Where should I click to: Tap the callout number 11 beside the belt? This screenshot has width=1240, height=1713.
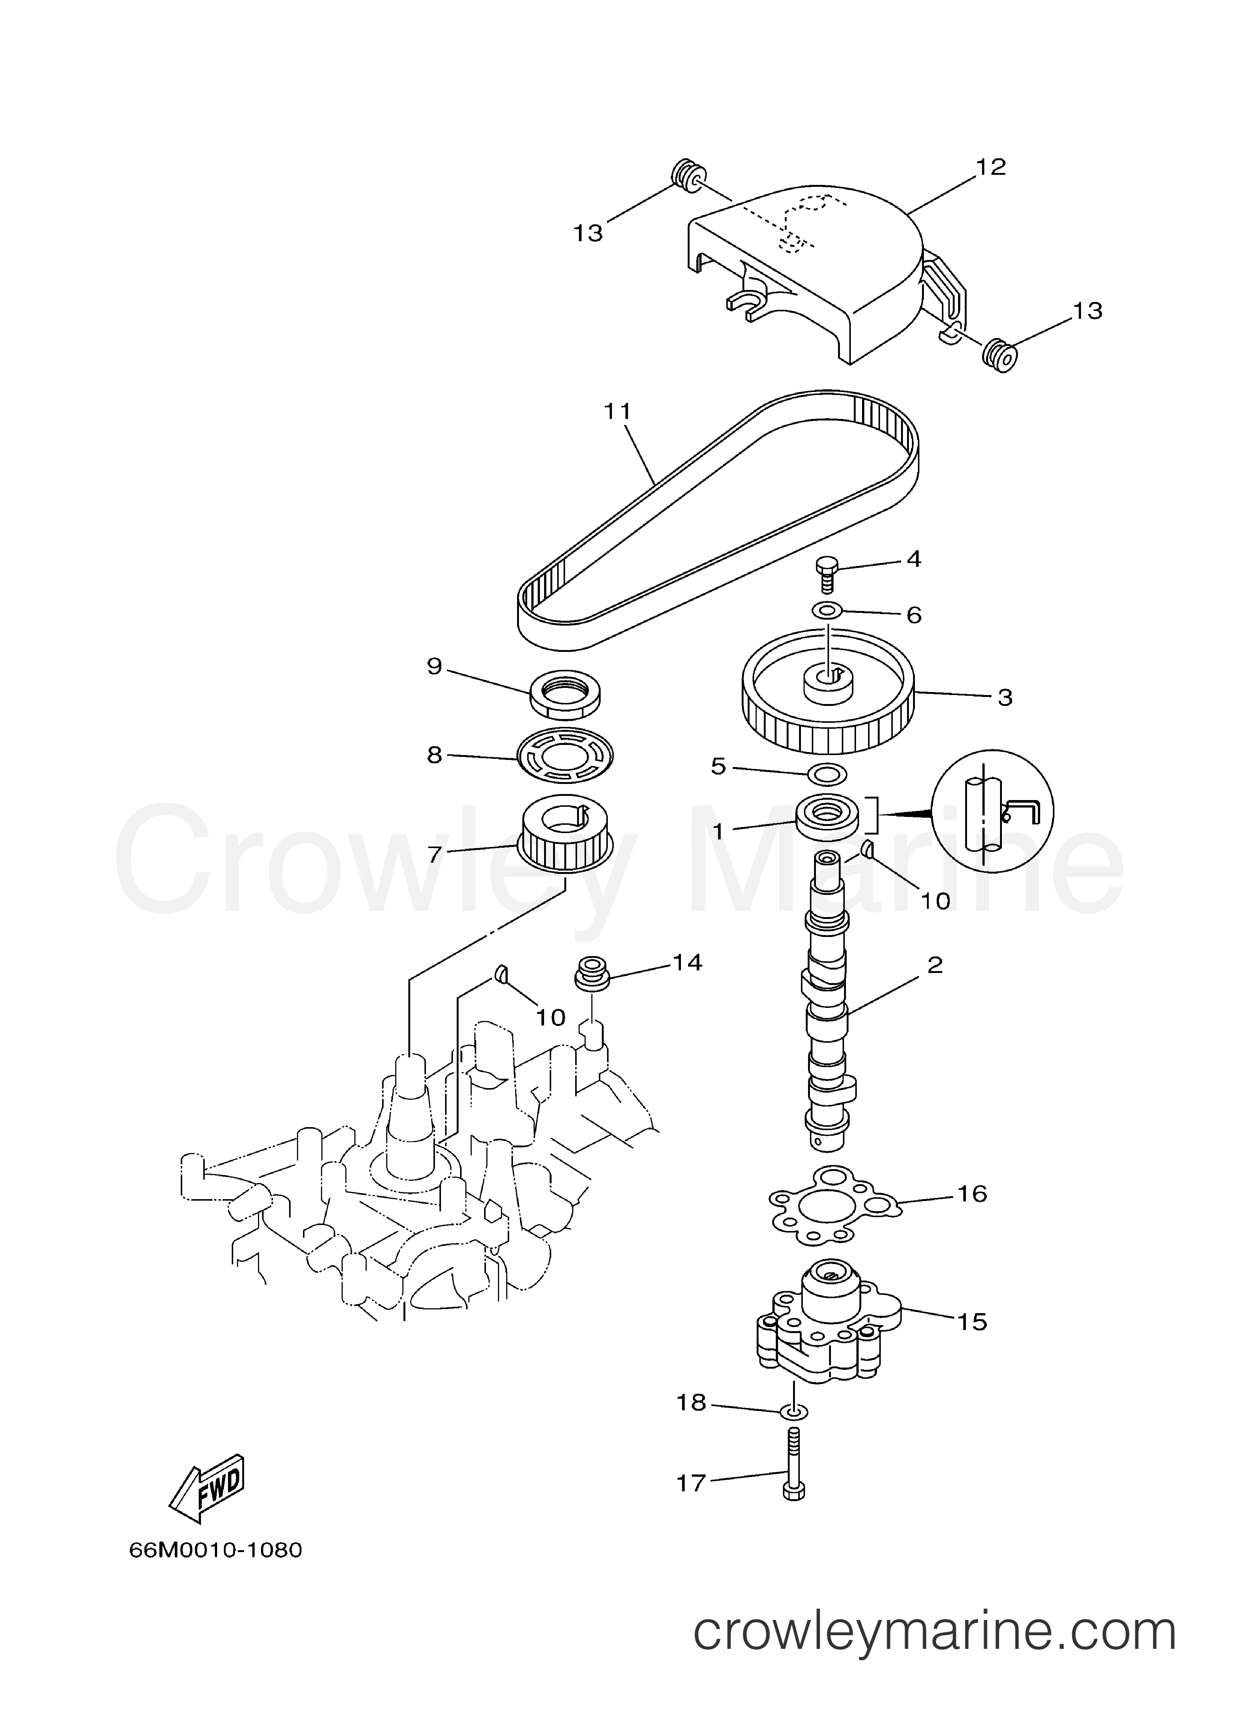617,411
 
